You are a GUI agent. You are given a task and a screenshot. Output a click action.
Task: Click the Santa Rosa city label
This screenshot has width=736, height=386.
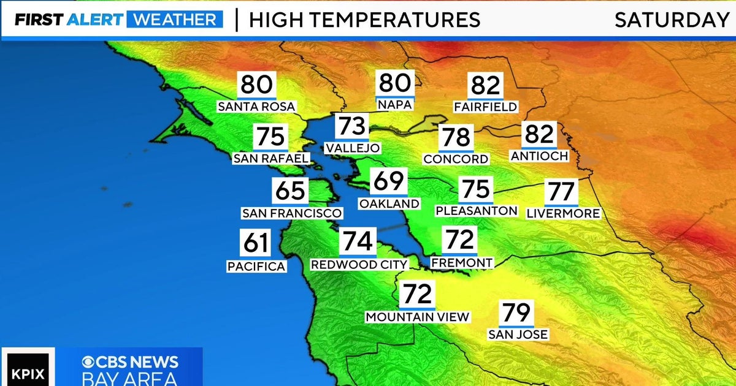(x=256, y=107)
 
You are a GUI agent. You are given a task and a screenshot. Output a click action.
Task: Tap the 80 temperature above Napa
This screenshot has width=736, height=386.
(x=396, y=83)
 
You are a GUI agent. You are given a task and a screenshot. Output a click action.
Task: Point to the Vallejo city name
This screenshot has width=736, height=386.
(x=353, y=148)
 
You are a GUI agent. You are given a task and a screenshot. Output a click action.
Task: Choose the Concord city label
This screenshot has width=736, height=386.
(x=456, y=159)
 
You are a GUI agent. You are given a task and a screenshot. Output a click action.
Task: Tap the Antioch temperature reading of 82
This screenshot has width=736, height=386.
(x=539, y=134)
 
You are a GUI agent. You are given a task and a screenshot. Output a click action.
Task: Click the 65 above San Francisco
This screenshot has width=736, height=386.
(x=290, y=191)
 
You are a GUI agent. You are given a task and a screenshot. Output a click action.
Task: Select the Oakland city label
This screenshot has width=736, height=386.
(x=389, y=204)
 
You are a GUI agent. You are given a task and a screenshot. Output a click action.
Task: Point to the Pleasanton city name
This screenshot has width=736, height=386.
(x=477, y=211)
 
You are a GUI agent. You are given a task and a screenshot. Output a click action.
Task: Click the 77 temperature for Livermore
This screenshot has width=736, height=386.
(x=561, y=192)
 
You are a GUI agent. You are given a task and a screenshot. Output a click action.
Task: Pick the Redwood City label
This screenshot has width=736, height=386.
(x=359, y=265)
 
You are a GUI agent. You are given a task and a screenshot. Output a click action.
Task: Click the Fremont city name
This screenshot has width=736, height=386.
(x=461, y=263)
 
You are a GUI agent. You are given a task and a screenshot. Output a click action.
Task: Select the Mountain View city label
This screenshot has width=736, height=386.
(x=417, y=317)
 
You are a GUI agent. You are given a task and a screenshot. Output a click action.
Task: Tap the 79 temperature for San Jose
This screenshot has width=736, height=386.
(x=516, y=313)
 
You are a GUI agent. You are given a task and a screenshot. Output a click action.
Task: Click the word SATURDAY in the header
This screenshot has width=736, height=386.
(x=672, y=20)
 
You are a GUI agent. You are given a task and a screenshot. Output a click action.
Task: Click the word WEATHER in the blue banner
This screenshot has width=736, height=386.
(x=175, y=20)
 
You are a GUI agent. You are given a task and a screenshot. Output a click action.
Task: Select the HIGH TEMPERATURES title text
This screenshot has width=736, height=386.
(x=364, y=20)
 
